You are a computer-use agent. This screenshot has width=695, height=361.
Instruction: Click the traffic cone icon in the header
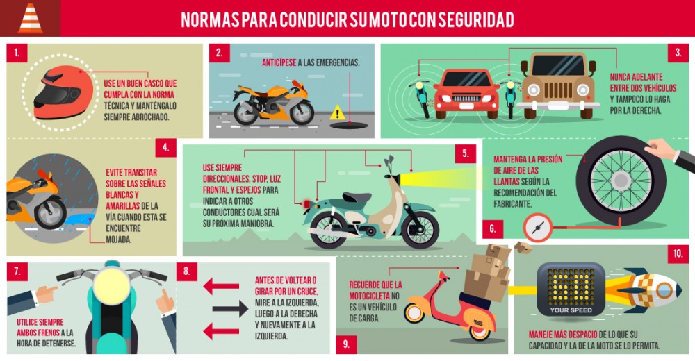[29, 18]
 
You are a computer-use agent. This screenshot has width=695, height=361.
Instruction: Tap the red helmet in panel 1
[63, 91]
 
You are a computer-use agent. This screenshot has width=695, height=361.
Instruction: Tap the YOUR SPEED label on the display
[571, 310]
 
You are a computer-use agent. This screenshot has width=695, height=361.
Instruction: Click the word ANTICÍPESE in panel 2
[278, 62]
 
